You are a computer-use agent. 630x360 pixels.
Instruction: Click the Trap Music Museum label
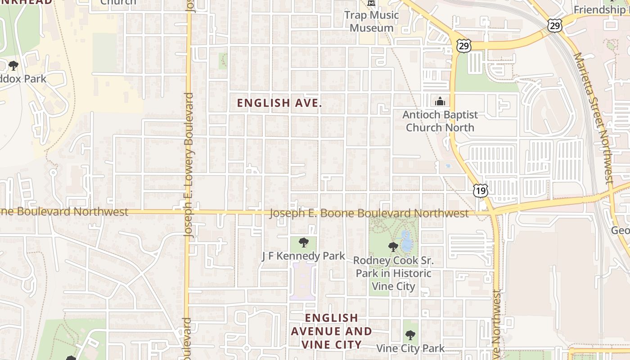(371, 22)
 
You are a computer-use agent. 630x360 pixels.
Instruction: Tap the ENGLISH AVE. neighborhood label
(279, 103)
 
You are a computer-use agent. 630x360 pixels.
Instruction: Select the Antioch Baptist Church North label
(440, 121)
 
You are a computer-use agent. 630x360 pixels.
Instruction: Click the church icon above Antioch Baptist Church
(440, 101)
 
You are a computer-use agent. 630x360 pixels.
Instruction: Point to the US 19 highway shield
(480, 191)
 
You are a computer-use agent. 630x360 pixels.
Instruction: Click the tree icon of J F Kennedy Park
(304, 243)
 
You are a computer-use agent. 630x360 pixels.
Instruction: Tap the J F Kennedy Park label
(303, 256)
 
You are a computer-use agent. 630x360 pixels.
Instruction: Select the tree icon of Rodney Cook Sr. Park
(393, 247)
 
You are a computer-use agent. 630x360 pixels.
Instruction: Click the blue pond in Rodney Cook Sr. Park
(406, 242)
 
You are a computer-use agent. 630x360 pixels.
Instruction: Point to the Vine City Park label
(410, 348)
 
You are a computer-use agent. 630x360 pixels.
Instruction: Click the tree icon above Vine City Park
(410, 335)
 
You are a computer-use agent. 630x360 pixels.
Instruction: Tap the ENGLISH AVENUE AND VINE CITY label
(331, 331)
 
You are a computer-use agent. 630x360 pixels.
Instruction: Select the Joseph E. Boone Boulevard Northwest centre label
(369, 213)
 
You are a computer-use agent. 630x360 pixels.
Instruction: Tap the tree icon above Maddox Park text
(13, 66)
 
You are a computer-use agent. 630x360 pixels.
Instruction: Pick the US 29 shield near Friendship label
(555, 26)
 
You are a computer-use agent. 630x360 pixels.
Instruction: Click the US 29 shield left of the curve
(463, 45)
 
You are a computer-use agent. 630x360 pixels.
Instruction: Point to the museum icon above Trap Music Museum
(371, 3)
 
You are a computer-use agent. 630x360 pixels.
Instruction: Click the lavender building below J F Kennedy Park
(303, 280)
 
